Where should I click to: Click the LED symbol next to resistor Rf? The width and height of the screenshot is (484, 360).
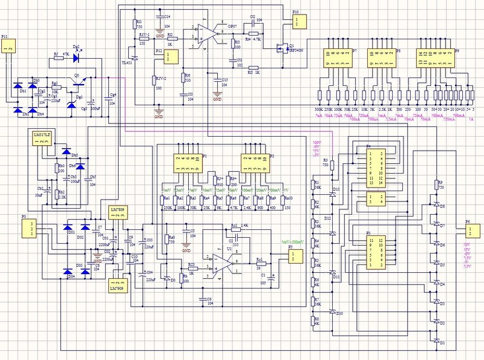click(x=77, y=57)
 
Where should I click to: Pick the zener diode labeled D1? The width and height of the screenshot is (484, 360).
click(x=436, y=342)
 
